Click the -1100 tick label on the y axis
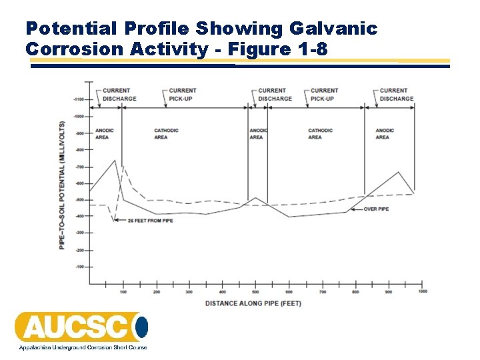[x=79, y=99]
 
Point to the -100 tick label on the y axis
[x=80, y=267]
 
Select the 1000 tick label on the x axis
[x=422, y=291]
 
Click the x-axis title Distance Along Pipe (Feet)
[x=253, y=303]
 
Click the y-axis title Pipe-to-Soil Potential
[x=62, y=185]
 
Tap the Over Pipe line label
[x=376, y=209]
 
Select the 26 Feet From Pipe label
[x=151, y=220]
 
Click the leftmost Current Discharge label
[x=119, y=95]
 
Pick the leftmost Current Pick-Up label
[x=182, y=95]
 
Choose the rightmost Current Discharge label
[x=397, y=95]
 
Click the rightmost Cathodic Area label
[x=320, y=134]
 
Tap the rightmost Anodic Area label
[x=385, y=134]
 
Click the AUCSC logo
[x=81, y=327]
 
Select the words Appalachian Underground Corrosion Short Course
[x=83, y=347]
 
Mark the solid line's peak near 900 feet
[x=399, y=172]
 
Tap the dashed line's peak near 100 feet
[x=123, y=166]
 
